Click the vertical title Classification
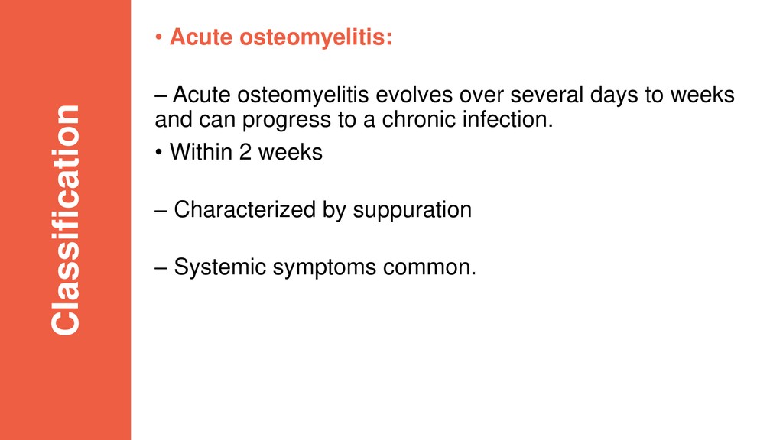(x=66, y=220)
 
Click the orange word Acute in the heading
(x=201, y=37)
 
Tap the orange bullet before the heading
(x=158, y=37)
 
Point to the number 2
(x=245, y=153)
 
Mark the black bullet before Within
(x=158, y=152)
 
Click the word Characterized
(x=245, y=210)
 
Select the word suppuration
(x=412, y=211)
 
